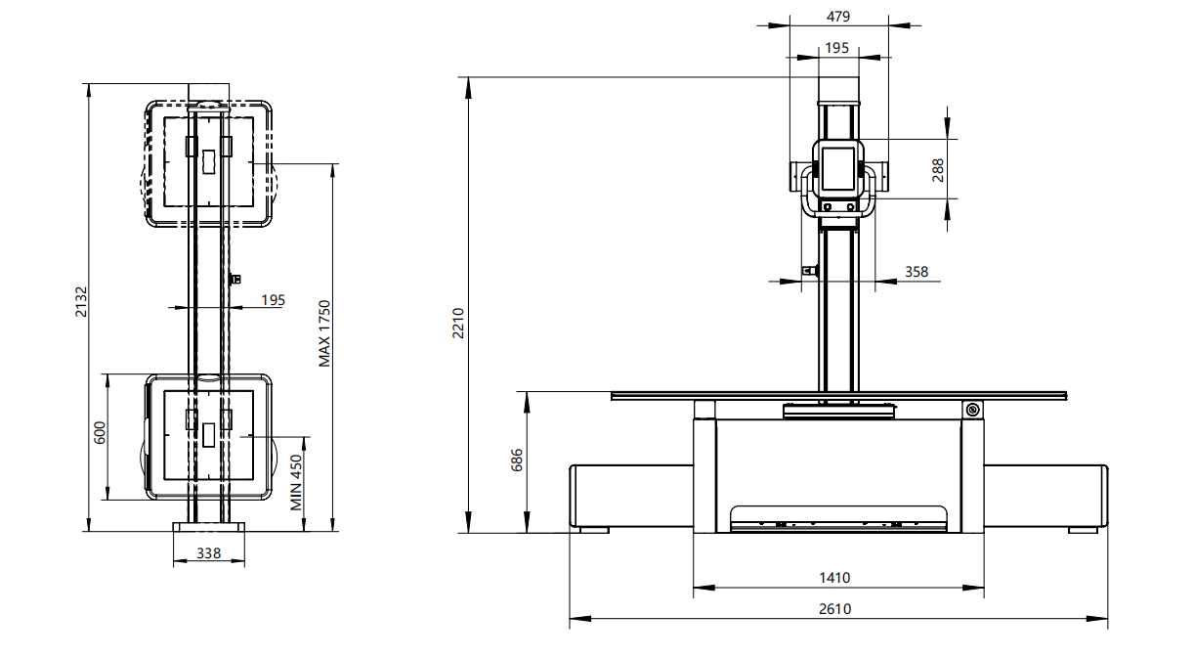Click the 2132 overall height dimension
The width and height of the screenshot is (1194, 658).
[80, 302]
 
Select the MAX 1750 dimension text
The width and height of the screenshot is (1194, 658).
[324, 333]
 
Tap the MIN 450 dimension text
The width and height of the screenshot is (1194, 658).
[296, 483]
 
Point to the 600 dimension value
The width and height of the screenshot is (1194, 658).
[100, 432]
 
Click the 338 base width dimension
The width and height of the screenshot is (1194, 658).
[208, 553]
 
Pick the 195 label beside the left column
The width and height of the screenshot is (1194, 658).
[274, 300]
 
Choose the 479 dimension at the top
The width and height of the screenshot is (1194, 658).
[838, 17]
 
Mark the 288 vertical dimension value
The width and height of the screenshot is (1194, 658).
[938, 170]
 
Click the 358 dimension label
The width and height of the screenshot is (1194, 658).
[917, 272]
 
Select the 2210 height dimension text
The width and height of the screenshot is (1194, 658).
[458, 324]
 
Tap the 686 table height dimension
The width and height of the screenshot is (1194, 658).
[517, 461]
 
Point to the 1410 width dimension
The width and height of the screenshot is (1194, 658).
[834, 578]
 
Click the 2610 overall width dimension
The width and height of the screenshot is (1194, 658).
[834, 608]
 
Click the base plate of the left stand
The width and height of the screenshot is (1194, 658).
[209, 527]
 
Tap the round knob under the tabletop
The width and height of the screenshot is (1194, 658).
[972, 410]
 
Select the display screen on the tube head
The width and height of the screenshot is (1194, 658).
[838, 168]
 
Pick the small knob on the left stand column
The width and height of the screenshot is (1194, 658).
[235, 279]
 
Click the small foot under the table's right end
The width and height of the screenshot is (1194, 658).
[1083, 530]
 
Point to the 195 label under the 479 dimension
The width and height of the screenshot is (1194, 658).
[836, 48]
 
